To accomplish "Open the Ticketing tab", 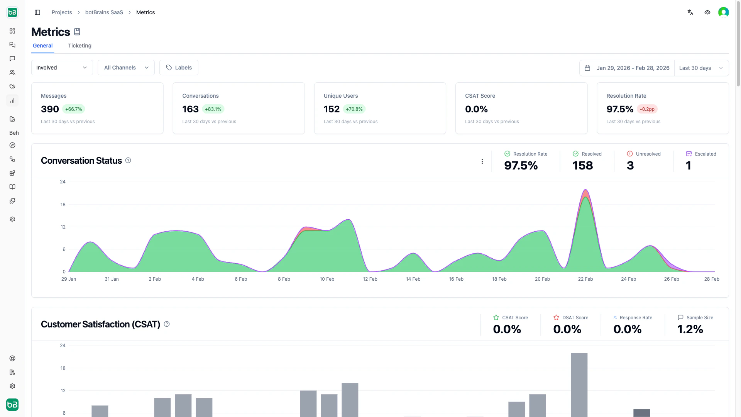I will point(80,46).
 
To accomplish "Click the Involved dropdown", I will point(62,68).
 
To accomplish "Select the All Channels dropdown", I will point(126,68).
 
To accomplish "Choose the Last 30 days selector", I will point(701,68).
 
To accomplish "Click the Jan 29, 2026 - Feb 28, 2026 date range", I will point(628,68).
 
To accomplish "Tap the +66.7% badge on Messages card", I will point(73,109).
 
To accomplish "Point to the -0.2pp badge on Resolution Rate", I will point(647,109).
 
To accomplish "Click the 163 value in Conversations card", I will point(190,109).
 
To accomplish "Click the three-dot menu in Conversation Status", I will point(482,161).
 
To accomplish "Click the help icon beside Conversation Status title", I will point(128,160).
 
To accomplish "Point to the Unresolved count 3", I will point(630,166).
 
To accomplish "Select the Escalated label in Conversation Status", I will point(705,154).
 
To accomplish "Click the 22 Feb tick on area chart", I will point(585,279).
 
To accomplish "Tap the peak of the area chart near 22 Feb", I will point(585,190).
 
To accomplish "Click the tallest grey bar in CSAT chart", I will point(579,384).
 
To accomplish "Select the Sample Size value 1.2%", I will point(690,329).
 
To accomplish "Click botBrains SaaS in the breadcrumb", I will point(104,12).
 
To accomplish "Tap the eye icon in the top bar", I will point(707,12).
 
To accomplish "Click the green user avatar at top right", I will point(723,12).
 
